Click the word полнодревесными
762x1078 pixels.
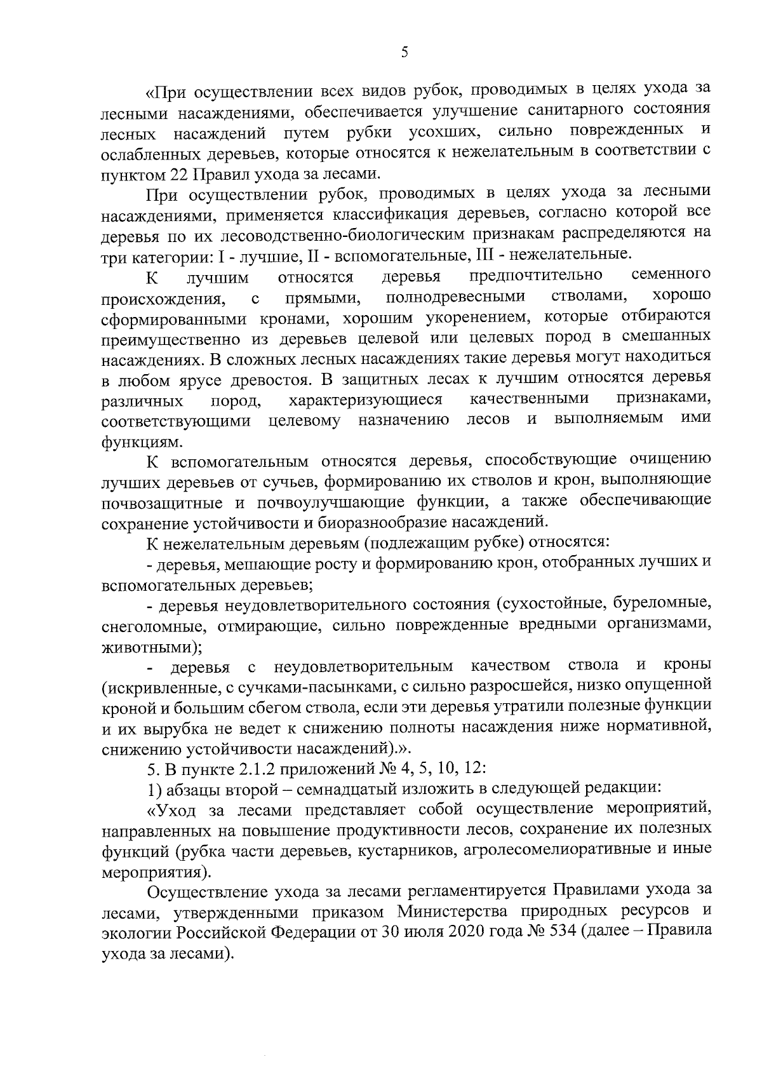455,297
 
